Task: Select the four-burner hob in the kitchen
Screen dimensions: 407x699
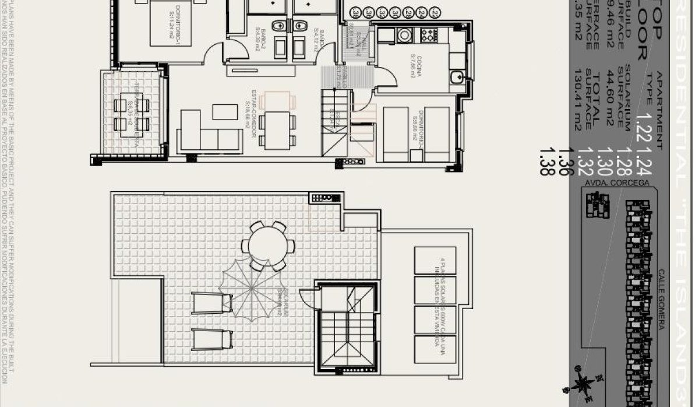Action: pyautogui.click(x=426, y=34)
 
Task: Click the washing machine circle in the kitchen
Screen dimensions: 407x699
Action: pyautogui.click(x=404, y=35)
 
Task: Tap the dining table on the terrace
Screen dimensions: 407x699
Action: pyautogui.click(x=131, y=114)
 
